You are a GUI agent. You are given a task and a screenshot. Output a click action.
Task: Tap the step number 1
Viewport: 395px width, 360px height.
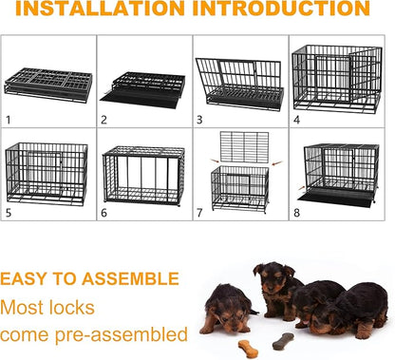point(8,120)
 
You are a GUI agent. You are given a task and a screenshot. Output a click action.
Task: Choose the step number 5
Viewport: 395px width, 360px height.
point(9,213)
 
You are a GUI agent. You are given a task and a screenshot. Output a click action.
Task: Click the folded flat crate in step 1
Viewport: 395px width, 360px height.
point(48,82)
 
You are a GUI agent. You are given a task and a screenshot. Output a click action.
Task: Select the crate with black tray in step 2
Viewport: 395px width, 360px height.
point(142,85)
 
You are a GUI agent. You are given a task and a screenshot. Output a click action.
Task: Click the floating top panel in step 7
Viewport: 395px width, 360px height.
point(243,146)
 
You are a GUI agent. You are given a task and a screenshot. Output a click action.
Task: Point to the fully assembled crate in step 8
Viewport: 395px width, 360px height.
point(342,174)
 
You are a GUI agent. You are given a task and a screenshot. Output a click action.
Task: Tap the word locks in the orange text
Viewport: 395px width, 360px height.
point(103,307)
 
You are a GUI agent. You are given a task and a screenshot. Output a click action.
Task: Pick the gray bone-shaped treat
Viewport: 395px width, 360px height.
point(283,339)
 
